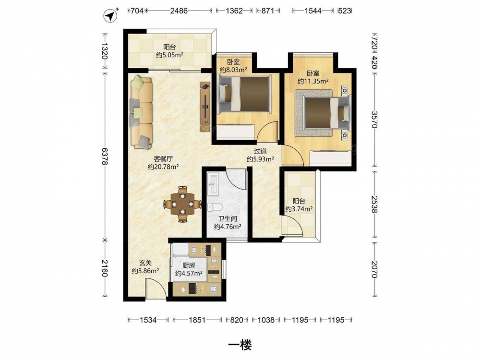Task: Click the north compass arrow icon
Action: point(111,16)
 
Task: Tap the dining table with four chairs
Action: point(183,204)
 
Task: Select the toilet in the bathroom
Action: point(214,207)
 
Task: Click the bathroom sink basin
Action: point(213,184)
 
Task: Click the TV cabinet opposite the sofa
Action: point(205,107)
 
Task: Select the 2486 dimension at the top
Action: point(179,11)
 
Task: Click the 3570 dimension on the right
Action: point(374,119)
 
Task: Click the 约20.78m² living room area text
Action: point(163,167)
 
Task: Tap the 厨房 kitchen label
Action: point(189,266)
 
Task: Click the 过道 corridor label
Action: point(261,151)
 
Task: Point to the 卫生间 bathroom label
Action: point(228,219)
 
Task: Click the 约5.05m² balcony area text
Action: point(169,55)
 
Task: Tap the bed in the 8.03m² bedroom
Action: point(245,94)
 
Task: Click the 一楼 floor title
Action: point(240,345)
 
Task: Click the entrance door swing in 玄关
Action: point(156,287)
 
